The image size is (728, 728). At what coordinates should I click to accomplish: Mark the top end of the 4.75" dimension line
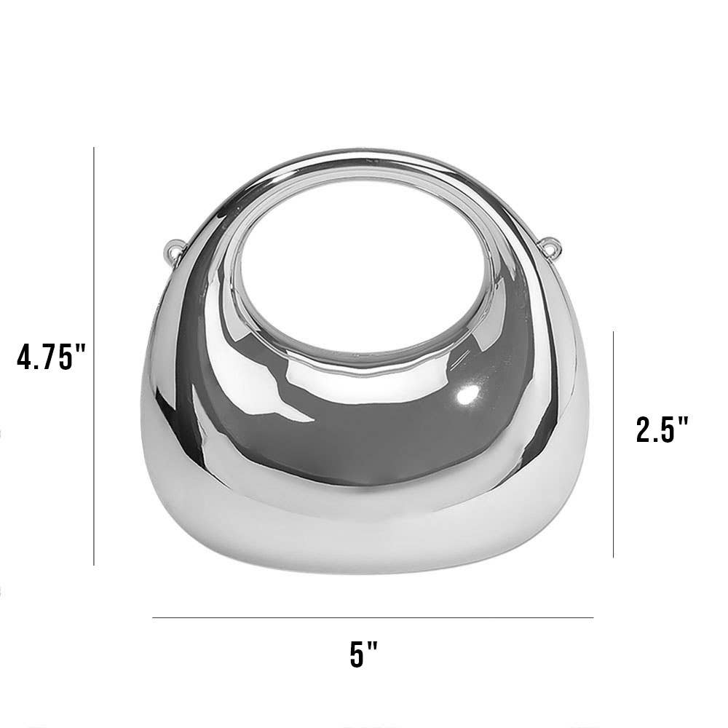pyautogui.click(x=94, y=149)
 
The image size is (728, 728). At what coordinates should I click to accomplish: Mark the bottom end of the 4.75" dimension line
pyautogui.click(x=94, y=564)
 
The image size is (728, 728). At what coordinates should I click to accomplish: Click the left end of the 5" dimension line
pyautogui.click(x=153, y=618)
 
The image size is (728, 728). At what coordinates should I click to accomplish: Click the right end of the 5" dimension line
pyautogui.click(x=593, y=618)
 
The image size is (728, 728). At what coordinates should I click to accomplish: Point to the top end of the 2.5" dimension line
pyautogui.click(x=614, y=332)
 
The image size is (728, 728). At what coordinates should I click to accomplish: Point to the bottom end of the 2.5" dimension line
pyautogui.click(x=614, y=557)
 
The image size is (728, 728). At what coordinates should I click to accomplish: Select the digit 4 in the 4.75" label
pyautogui.click(x=26, y=357)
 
